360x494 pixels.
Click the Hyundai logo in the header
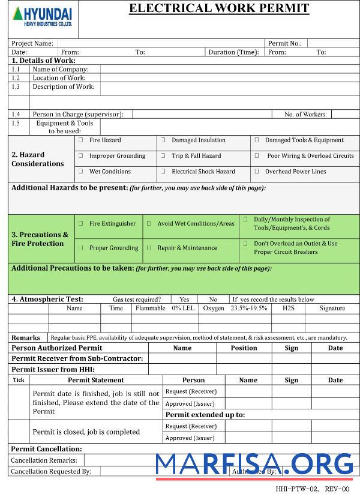(41, 16)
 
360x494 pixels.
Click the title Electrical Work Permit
(219, 8)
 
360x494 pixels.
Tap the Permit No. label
(284, 43)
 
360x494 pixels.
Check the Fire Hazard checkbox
(80, 140)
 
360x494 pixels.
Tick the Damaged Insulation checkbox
(163, 140)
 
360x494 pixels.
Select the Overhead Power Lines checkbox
(257, 172)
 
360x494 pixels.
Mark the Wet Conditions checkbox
(80, 172)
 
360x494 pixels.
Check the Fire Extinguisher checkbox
(80, 224)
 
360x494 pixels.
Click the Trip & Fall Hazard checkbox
(163, 156)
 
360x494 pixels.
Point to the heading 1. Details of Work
(43, 61)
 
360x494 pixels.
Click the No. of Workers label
(305, 114)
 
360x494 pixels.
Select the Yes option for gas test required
(184, 300)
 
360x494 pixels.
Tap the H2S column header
(288, 308)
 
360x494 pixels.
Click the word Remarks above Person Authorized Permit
(26, 338)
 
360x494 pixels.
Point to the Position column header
(244, 348)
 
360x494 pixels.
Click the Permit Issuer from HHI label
(53, 370)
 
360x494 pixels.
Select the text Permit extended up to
(205, 415)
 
